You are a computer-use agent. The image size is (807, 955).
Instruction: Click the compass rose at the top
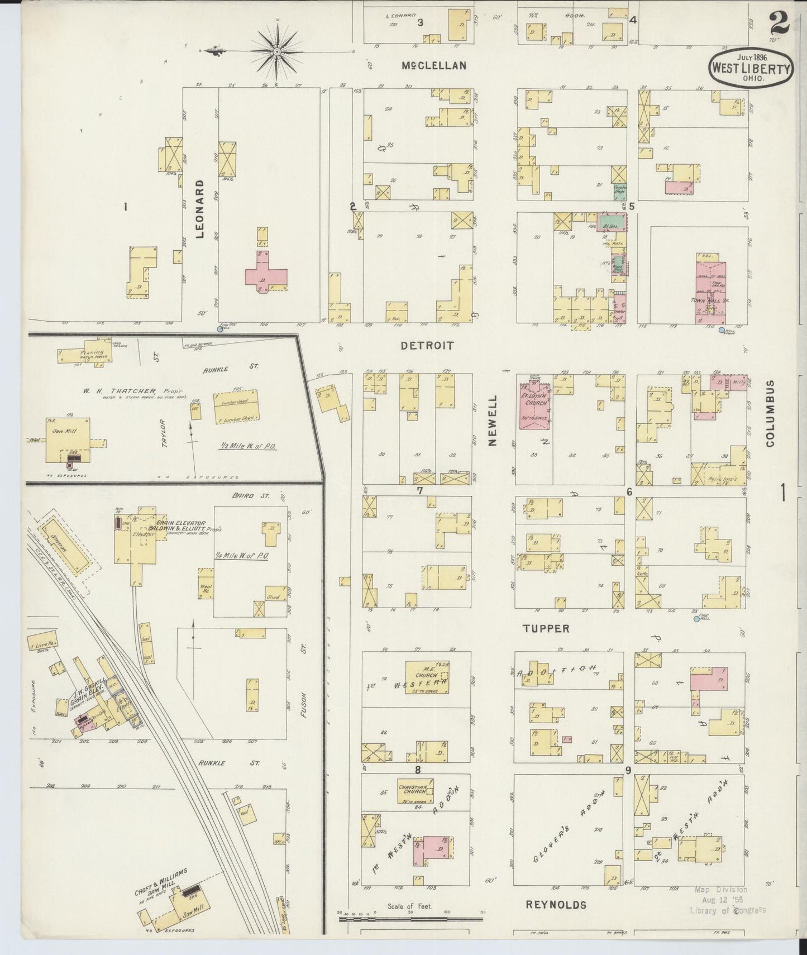[276, 51]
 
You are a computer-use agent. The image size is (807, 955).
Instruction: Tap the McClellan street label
[434, 65]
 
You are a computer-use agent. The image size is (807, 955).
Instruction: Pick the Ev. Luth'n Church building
[534, 406]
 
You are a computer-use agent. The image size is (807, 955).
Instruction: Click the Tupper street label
[546, 628]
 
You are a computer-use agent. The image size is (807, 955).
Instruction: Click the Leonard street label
[200, 209]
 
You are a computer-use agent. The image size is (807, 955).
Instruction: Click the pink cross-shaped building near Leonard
[265, 271]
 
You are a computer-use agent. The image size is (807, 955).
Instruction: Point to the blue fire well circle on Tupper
[696, 619]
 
